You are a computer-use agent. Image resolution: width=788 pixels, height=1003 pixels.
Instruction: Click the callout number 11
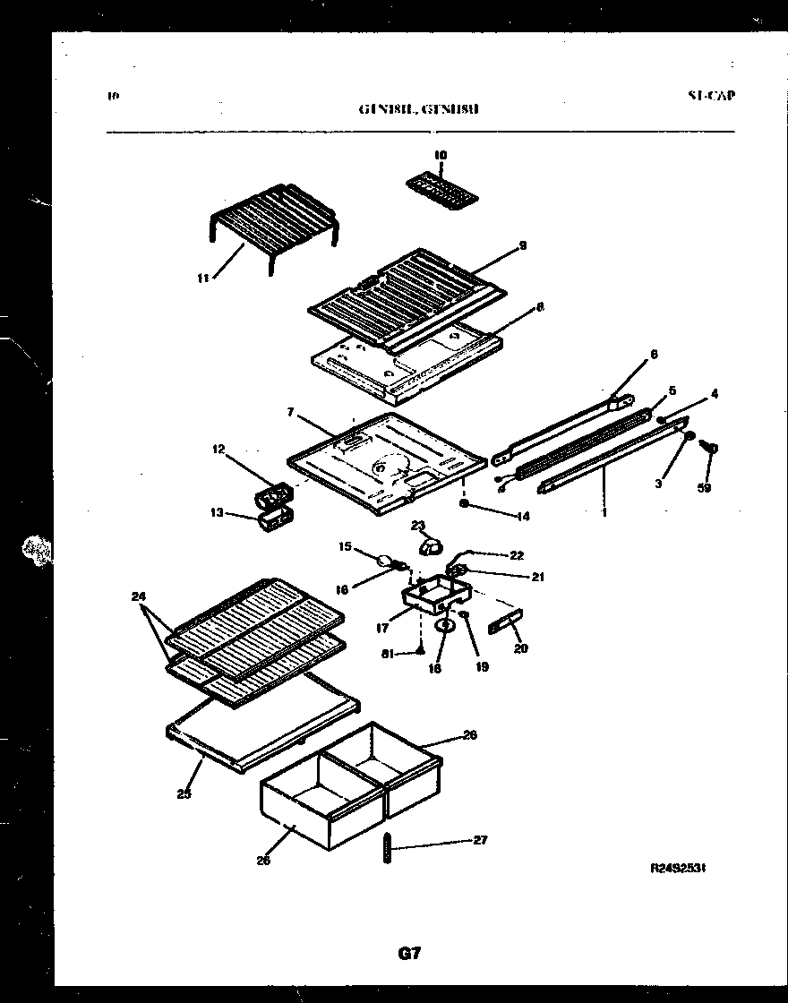(202, 278)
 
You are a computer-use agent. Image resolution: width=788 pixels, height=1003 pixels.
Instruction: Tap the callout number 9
(522, 245)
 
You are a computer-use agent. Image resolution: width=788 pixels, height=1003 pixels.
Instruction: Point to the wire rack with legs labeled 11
(273, 215)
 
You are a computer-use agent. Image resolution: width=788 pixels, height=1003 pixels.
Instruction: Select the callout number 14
(523, 517)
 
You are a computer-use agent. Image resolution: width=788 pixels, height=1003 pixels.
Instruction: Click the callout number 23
(417, 526)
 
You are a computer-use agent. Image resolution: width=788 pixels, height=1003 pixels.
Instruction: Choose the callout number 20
(521, 647)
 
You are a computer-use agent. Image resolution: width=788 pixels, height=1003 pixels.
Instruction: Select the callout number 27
(480, 840)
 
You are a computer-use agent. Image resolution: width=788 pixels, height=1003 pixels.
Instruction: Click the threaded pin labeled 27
(387, 846)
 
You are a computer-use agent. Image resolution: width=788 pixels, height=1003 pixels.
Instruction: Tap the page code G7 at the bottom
(408, 954)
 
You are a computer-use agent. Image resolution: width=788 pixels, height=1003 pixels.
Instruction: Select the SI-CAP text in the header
(712, 96)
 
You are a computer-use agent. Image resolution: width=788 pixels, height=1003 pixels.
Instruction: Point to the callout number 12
(218, 450)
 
